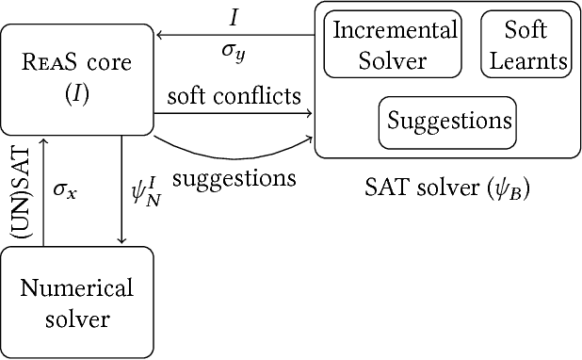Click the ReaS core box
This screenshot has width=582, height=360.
77,80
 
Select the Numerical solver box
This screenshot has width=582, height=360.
77,302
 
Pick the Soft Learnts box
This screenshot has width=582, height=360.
525,45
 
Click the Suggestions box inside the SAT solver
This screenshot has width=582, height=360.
448,122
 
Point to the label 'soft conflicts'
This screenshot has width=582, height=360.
234,96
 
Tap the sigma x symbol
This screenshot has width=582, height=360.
64,189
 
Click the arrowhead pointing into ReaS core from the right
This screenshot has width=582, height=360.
161,35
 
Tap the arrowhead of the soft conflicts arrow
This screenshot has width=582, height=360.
308,113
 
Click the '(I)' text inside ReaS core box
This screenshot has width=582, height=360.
77,94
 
